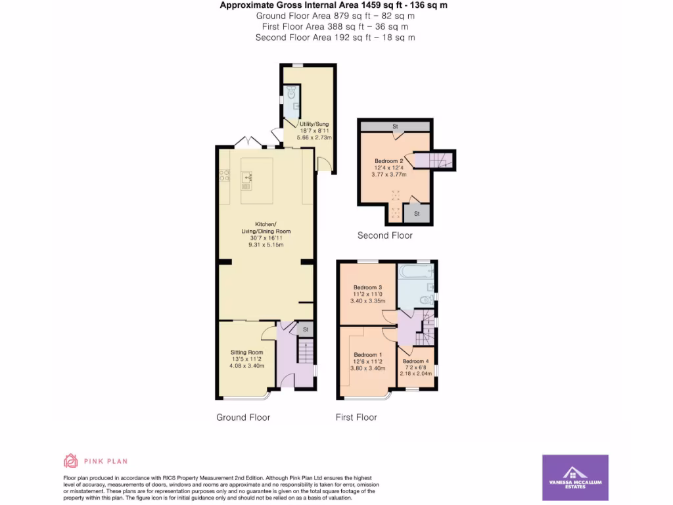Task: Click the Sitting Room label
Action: pos(246,352)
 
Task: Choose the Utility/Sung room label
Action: pos(313,124)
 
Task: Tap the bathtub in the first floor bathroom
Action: pos(414,272)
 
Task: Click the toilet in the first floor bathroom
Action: pos(426,300)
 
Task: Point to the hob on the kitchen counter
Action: pos(223,176)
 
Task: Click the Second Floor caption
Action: pos(384,235)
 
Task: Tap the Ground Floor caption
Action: pos(243,417)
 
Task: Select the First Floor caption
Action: pos(356,417)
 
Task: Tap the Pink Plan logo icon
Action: pos(70,461)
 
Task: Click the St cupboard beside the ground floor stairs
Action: pos(305,329)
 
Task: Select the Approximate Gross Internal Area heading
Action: pos(335,5)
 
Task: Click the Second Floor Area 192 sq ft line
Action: pos(335,37)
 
